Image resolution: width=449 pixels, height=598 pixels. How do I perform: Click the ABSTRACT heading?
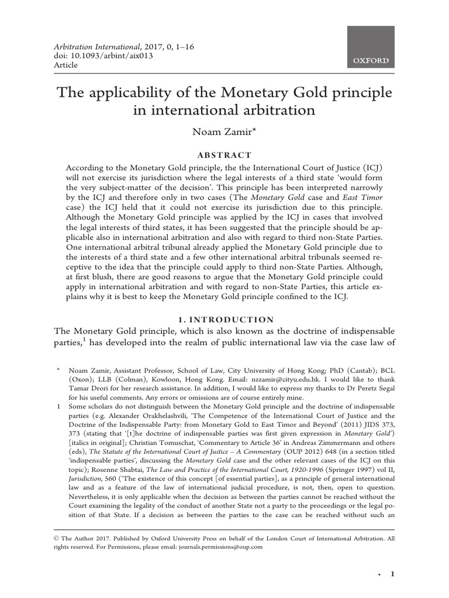tap(224, 155)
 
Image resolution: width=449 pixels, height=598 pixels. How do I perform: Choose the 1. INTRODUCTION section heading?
tap(224, 319)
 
